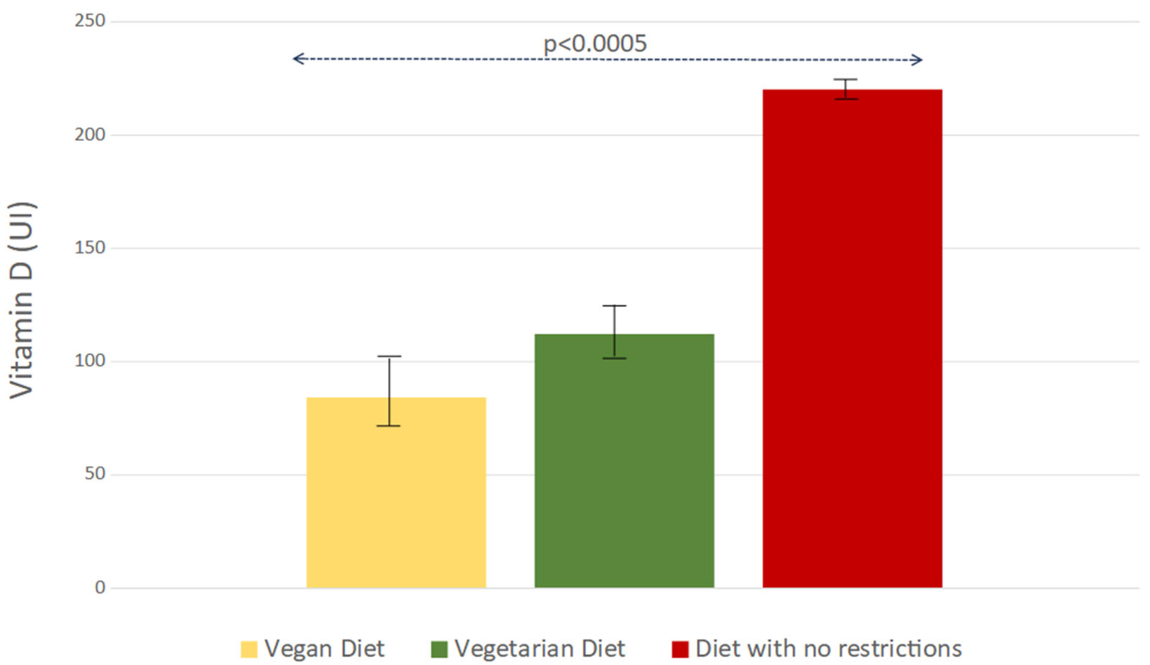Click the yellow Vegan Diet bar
396,493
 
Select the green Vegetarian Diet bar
624,461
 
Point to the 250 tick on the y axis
90,21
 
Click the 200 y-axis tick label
90,135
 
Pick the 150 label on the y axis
90,248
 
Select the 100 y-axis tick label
90,361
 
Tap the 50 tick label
95,474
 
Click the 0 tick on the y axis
100,587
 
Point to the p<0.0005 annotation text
595,44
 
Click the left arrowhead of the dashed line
297,59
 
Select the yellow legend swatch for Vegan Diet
249,649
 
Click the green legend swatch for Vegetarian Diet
439,649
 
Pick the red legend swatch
680,649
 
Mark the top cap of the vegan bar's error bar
389,356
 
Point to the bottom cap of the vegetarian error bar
614,358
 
